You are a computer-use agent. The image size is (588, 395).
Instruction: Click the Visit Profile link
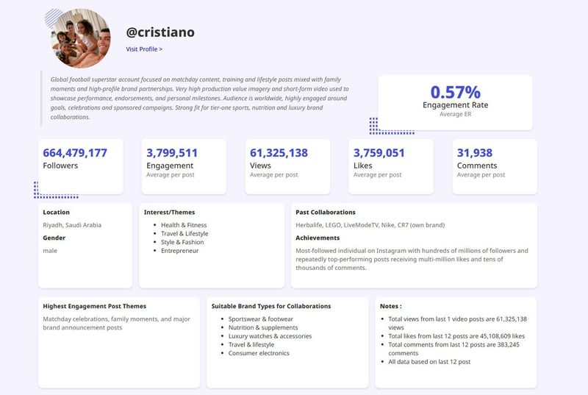coord(144,49)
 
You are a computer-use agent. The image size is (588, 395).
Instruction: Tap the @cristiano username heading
coord(160,32)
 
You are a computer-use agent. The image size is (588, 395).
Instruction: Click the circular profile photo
coord(81,38)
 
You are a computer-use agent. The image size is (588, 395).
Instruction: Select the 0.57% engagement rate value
coord(455,92)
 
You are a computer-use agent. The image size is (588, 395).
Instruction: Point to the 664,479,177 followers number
coord(75,153)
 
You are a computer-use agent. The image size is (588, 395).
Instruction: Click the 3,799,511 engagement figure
coord(172,153)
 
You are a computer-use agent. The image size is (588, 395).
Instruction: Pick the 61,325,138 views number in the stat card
coord(279,153)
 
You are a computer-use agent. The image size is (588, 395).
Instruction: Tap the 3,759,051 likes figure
coord(379,153)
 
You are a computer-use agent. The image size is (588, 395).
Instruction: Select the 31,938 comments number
coord(474,153)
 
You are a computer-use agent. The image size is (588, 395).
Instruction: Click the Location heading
coord(57,213)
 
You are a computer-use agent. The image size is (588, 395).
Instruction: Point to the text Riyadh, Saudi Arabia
coord(72,225)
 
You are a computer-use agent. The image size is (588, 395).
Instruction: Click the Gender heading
coord(54,238)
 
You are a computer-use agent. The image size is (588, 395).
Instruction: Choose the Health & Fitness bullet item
coord(184,225)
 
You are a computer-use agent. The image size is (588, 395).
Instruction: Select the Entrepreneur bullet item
coord(179,251)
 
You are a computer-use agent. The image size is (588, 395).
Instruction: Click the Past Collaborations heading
coord(326,213)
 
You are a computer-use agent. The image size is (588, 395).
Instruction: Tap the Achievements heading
coord(318,238)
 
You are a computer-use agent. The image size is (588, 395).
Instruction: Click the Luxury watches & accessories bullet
coord(270,336)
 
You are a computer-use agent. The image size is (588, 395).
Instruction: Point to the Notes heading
coord(391,306)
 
